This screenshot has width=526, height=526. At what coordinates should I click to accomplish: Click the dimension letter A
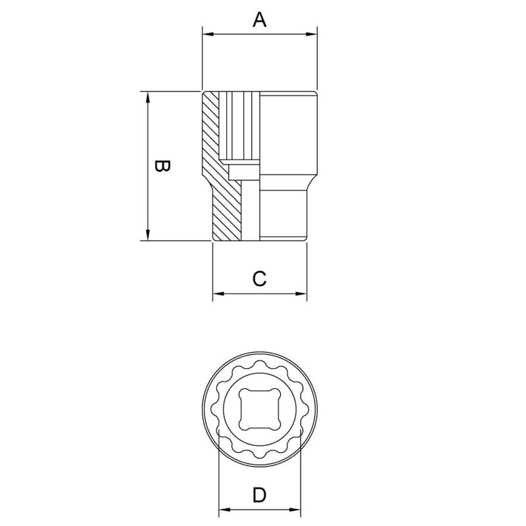260,20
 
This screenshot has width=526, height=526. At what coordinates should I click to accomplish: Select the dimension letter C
260,279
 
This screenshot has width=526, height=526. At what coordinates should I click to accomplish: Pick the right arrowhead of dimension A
312,34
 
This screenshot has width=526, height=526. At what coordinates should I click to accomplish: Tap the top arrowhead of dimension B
149,97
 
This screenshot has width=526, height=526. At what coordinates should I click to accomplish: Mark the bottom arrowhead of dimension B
149,236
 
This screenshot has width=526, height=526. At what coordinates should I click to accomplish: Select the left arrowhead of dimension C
218,293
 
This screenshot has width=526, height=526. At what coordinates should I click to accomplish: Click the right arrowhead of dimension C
302,293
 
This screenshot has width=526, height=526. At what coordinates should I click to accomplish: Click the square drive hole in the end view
260,409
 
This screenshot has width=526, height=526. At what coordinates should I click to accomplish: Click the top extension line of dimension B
171,91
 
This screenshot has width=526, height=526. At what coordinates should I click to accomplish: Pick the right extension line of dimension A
318,59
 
